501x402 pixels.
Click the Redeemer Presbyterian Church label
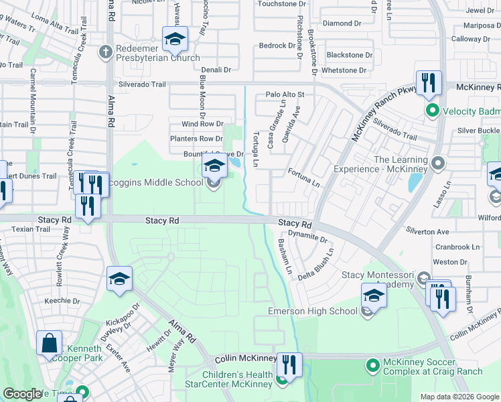pos(157,57)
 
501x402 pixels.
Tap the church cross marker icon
pos(105,52)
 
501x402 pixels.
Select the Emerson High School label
pos(313,311)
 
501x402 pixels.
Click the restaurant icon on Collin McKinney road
pos(289,366)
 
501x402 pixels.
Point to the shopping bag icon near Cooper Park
pos(49,344)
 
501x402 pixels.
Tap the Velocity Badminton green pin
pos(432,110)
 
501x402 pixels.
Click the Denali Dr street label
pos(216,69)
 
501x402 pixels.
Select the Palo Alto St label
pos(285,95)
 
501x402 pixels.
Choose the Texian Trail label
pos(31,229)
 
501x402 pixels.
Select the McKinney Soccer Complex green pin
pos(372,366)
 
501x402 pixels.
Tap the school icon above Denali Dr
pos(175,39)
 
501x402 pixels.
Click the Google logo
pos(22,394)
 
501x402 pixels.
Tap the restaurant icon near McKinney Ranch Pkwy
pos(428,83)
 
